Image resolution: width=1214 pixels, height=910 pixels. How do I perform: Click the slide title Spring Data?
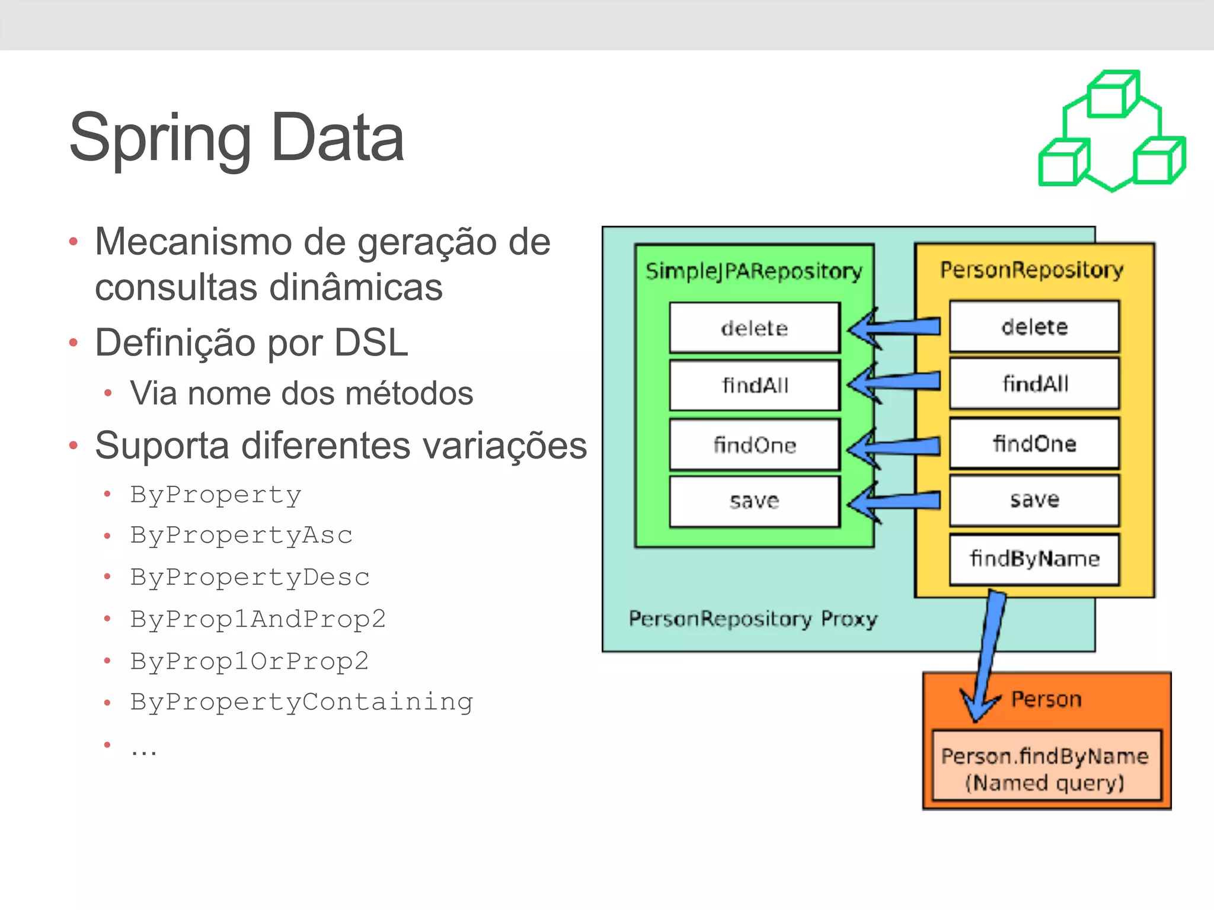[237, 138]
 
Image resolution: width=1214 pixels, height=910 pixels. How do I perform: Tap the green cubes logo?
[1111, 132]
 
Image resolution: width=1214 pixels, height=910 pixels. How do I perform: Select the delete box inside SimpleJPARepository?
[754, 328]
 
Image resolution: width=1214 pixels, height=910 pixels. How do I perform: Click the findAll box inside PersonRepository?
[1034, 384]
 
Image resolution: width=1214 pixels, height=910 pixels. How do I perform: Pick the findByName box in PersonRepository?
[1034, 559]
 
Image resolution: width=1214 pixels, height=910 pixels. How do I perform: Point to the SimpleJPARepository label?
[753, 271]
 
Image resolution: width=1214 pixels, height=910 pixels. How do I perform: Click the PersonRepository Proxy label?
[753, 619]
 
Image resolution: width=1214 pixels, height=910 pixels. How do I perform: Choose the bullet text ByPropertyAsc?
[241, 535]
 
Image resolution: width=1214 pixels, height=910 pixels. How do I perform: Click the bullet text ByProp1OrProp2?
[250, 661]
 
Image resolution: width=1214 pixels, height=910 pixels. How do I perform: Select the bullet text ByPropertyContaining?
[302, 702]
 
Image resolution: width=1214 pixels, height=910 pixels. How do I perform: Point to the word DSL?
[371, 343]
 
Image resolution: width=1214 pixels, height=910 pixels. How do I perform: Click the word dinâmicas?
[356, 287]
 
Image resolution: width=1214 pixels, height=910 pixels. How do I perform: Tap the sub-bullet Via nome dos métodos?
[301, 393]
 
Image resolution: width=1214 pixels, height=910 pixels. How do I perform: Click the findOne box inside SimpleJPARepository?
[754, 445]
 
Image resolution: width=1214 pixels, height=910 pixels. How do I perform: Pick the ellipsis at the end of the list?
[144, 749]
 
